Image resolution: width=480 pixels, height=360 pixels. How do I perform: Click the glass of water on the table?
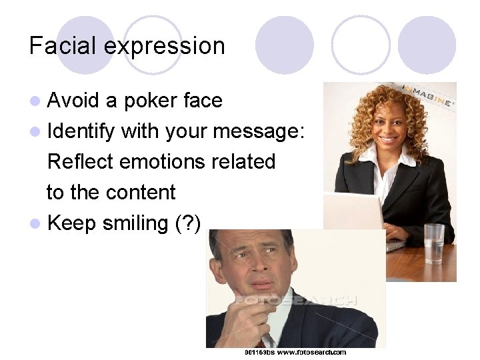click(434, 243)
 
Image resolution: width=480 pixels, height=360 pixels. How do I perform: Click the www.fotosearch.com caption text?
click(312, 352)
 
